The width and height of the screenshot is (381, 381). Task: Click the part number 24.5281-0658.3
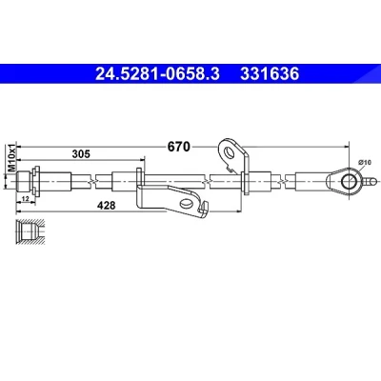[x=157, y=74]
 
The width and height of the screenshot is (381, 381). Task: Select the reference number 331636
[x=270, y=74]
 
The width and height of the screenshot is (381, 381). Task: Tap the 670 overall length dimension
[x=179, y=147]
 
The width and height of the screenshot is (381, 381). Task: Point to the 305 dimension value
[x=81, y=154]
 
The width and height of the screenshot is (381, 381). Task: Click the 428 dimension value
[x=107, y=206]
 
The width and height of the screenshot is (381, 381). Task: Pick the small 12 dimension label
[x=26, y=199]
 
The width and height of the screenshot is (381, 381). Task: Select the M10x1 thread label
[x=11, y=158]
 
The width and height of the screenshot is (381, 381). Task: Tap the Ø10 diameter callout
[x=365, y=162]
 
